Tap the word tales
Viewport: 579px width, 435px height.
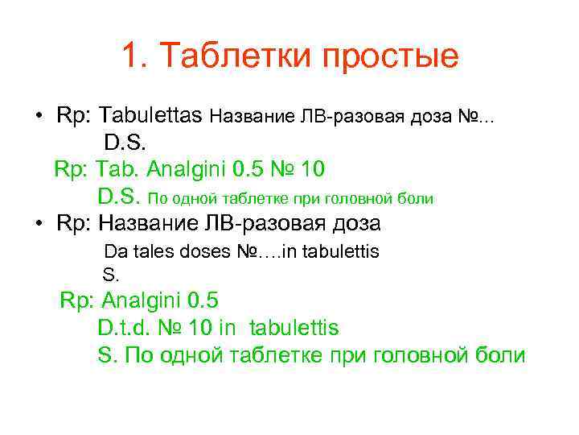point(150,251)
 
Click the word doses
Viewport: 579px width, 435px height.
point(201,251)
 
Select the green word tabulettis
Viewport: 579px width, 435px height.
point(294,328)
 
